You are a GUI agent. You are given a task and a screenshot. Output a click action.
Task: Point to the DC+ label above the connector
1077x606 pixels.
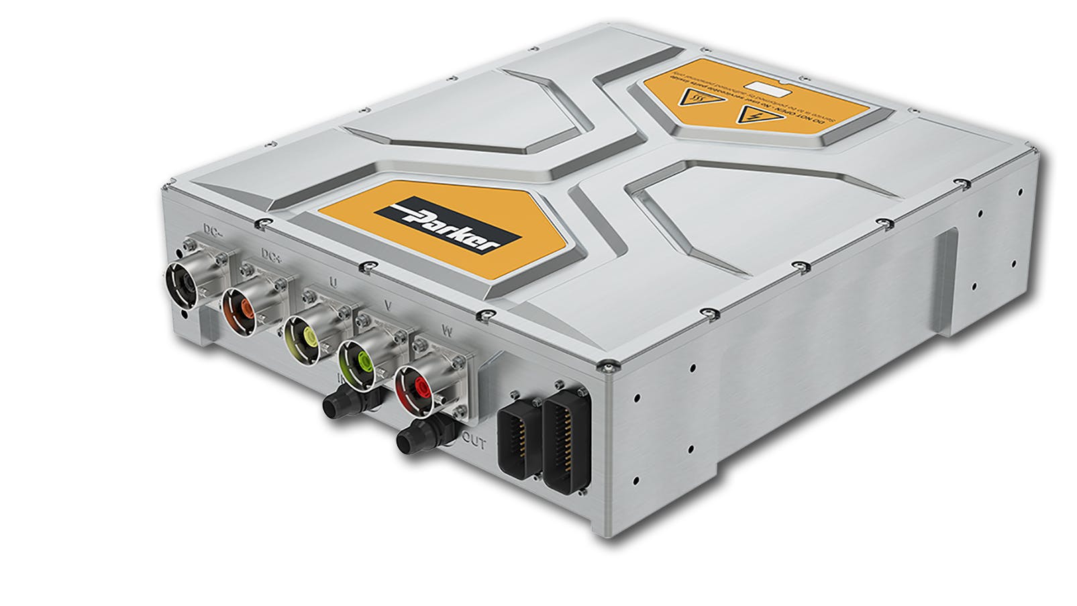pyautogui.click(x=272, y=256)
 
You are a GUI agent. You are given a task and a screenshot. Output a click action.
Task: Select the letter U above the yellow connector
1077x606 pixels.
pyautogui.click(x=334, y=282)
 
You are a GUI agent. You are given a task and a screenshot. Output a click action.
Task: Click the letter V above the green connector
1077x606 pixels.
pyautogui.click(x=387, y=305)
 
